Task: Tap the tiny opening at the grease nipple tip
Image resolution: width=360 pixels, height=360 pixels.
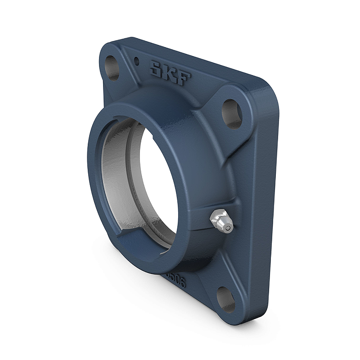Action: [229, 229]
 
